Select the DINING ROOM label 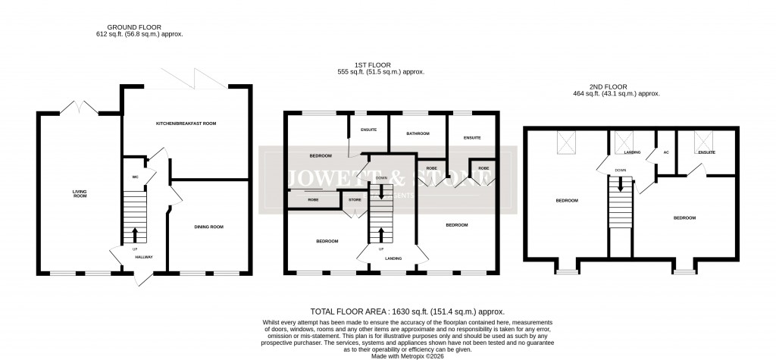(208, 227)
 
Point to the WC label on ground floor (135, 177)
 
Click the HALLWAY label (143, 257)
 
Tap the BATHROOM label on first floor (418, 133)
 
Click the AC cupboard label (666, 152)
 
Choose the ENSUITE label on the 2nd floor (707, 152)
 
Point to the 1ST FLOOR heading (380, 64)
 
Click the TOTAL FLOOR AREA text (408, 311)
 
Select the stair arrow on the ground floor (136, 233)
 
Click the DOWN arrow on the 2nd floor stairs (621, 183)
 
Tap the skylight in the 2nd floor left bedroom (565, 142)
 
